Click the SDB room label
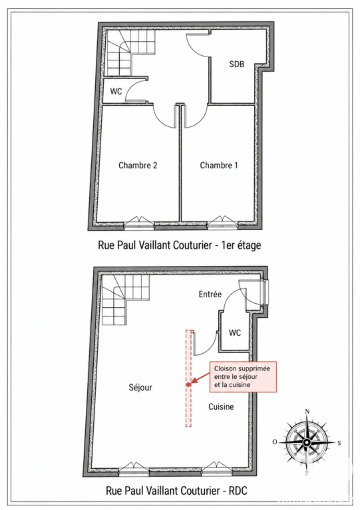[237, 64]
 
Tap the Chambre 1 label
[219, 165]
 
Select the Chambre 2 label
[138, 165]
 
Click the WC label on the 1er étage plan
[116, 91]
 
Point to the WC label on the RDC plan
[235, 332]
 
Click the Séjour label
[140, 388]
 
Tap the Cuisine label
[221, 406]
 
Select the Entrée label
[210, 295]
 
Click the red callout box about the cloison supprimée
[243, 376]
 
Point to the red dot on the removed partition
[188, 384]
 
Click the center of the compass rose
[306, 442]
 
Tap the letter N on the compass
[307, 412]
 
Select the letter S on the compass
[339, 443]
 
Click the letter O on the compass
[275, 442]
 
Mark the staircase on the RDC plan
[126, 300]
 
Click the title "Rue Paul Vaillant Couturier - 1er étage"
[180, 245]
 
